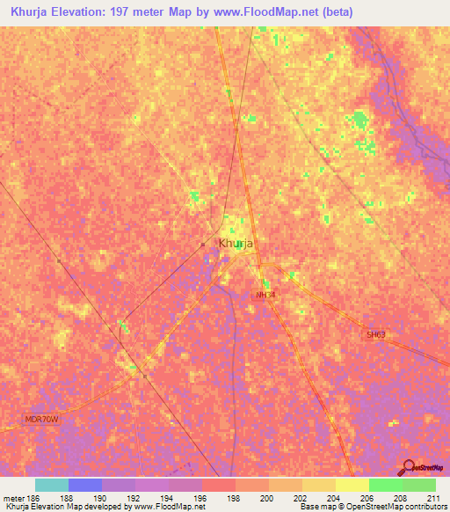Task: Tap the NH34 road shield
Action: coord(265,295)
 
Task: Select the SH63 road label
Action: coord(376,335)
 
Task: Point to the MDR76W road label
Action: coord(40,420)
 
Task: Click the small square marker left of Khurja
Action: coord(203,245)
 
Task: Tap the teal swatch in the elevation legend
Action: coord(51,485)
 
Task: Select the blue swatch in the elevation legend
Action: coord(84,485)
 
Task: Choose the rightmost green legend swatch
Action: coord(418,485)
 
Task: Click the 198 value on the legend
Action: coord(235,497)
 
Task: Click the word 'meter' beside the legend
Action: coord(13,497)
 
